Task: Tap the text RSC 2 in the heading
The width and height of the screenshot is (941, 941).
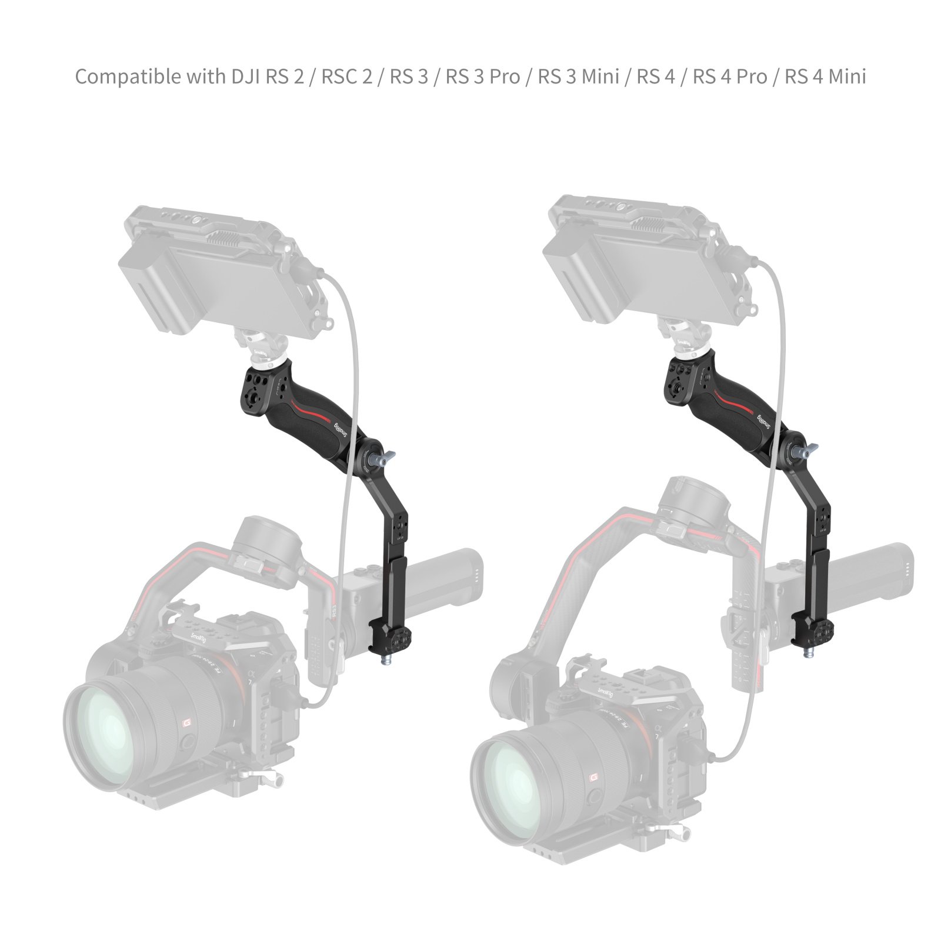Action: click(x=346, y=77)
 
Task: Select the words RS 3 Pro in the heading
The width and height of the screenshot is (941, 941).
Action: click(x=482, y=77)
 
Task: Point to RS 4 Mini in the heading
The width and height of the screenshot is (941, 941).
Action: click(x=825, y=77)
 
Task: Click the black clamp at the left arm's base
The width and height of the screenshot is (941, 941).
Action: click(x=391, y=638)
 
